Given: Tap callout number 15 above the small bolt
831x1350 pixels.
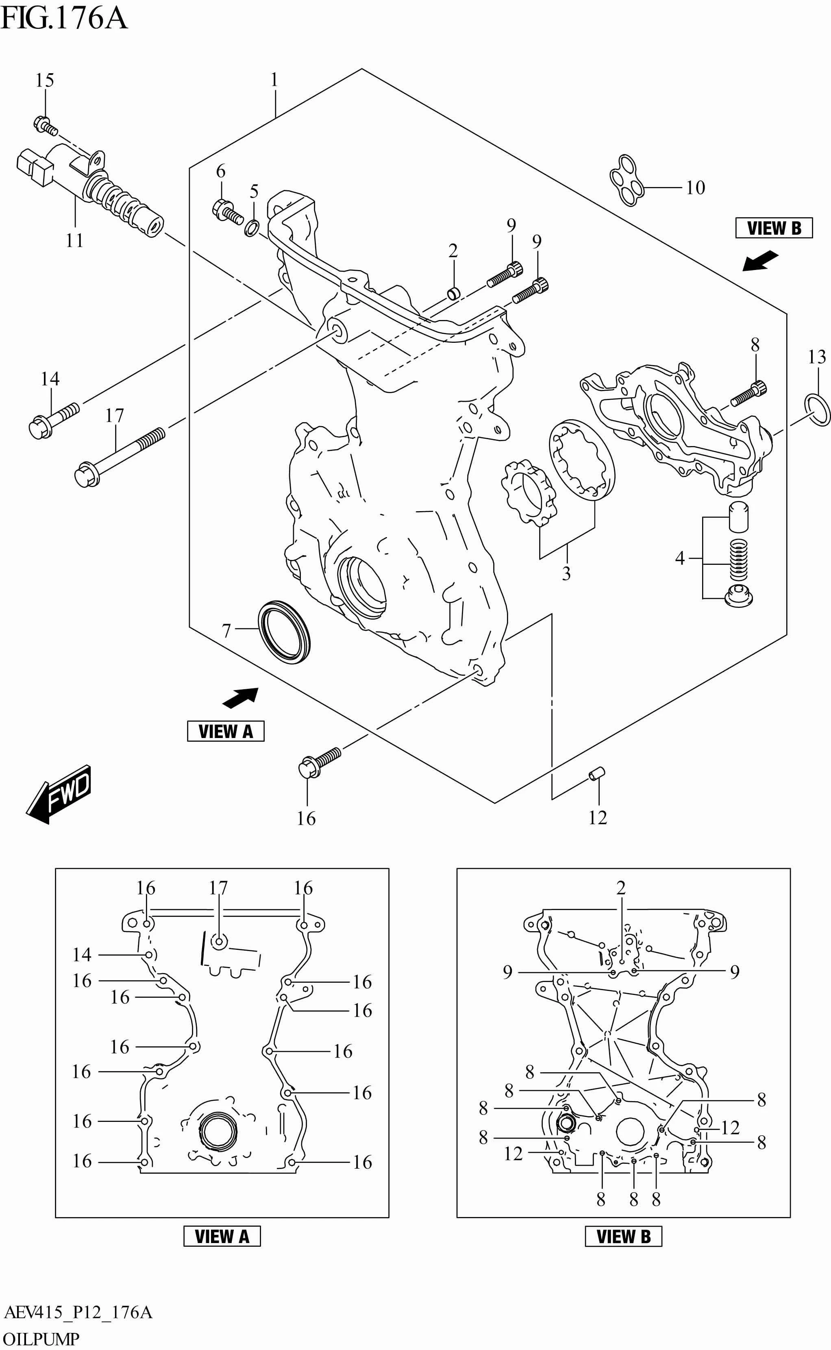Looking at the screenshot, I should (x=45, y=81).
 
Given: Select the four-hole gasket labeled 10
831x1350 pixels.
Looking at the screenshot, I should (x=627, y=180).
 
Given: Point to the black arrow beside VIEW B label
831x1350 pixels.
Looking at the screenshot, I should (x=760, y=261).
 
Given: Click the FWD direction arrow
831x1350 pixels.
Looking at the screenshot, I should (x=58, y=795).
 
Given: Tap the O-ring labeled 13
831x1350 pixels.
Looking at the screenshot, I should (x=817, y=409).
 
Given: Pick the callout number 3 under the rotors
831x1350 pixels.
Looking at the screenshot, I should (x=566, y=574).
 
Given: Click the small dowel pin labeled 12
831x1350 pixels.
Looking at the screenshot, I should (x=597, y=775).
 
